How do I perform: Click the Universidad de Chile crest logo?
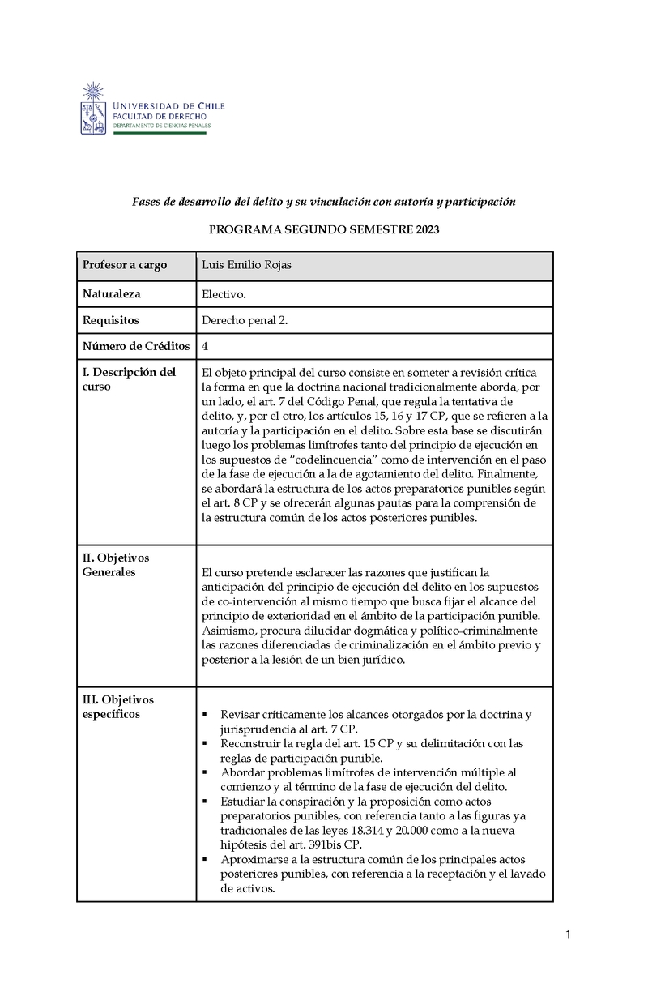[x=95, y=108]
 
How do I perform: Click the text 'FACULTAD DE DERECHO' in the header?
[x=160, y=117]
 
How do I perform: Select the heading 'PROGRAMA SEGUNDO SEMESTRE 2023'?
[x=324, y=230]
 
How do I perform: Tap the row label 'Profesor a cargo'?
[x=125, y=265]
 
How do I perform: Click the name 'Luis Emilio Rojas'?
[x=249, y=265]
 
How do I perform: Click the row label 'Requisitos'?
[x=111, y=320]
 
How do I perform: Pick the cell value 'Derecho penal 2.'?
[x=245, y=320]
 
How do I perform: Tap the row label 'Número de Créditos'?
[x=136, y=346]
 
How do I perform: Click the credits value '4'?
[x=205, y=346]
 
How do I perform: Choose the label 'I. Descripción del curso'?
[x=130, y=379]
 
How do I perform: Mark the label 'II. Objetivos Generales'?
[x=117, y=565]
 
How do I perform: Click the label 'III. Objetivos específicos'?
[x=118, y=707]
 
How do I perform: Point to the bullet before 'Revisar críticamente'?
[x=205, y=715]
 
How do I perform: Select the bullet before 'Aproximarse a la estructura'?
[x=205, y=859]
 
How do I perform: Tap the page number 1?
[x=569, y=935]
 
